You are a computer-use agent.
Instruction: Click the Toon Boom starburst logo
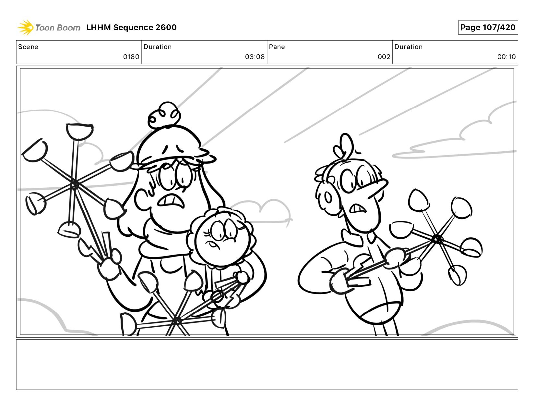[26, 27]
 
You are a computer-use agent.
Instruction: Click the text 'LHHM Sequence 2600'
[131, 27]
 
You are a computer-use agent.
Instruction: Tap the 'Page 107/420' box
[488, 27]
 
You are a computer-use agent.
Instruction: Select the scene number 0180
[131, 57]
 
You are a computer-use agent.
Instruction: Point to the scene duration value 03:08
[255, 57]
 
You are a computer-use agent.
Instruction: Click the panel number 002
[384, 57]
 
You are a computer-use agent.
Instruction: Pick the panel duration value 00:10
[506, 57]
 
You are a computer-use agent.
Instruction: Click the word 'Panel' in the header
[278, 47]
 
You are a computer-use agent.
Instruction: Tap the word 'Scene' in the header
[28, 47]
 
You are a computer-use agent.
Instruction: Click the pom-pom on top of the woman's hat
[164, 115]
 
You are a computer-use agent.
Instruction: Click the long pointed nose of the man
[377, 189]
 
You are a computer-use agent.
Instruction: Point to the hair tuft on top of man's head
[343, 147]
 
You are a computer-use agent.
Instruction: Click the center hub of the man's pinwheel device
[437, 239]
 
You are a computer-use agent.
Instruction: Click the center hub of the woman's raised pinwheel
[74, 184]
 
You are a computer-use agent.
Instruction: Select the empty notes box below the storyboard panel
[267, 365]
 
